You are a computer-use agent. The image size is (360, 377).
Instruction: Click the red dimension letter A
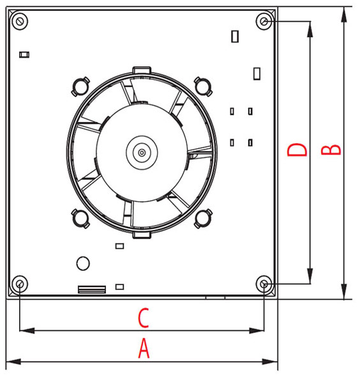tap(144, 348)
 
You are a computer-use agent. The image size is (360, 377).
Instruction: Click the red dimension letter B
tap(331, 150)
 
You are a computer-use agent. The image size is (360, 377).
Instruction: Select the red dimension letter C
tap(144, 318)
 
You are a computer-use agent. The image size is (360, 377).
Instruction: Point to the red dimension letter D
tap(297, 150)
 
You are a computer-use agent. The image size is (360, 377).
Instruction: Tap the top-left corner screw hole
tap(20, 22)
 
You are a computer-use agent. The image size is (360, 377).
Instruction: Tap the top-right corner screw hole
tap(264, 22)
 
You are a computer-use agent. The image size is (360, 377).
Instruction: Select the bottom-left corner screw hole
tap(20, 284)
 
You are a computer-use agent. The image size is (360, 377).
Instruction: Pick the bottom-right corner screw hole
tap(264, 284)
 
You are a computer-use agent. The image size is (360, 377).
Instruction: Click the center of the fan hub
tap(142, 153)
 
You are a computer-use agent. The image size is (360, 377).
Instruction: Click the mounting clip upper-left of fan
tap(80, 86)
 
